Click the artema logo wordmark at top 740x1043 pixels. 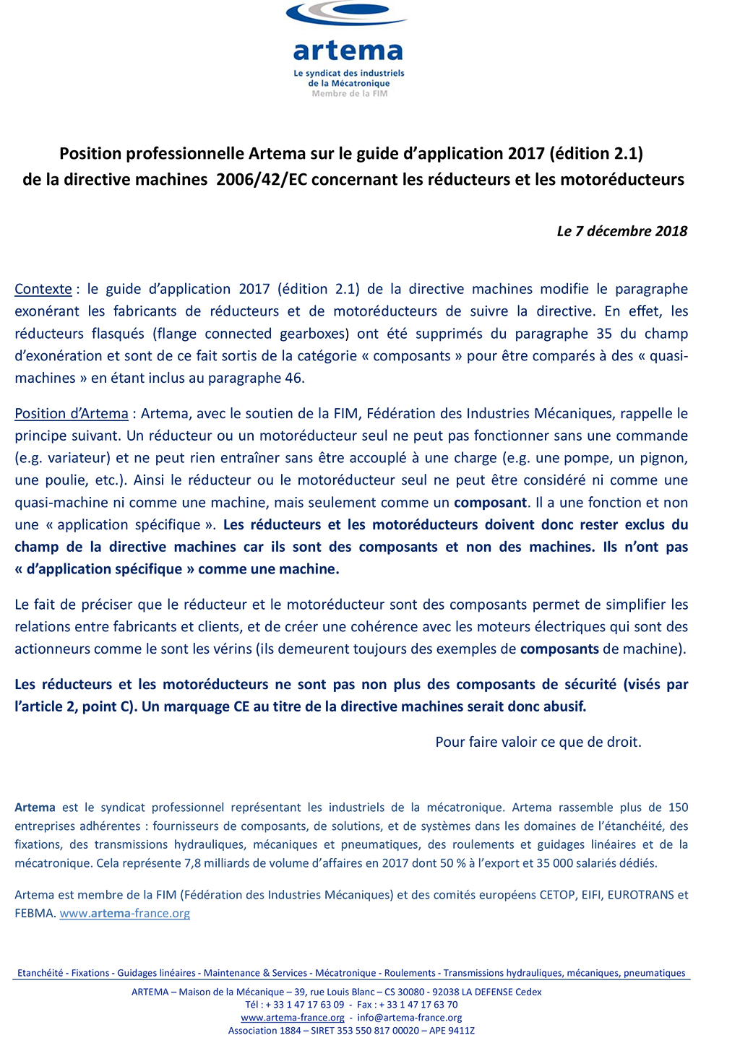(x=348, y=51)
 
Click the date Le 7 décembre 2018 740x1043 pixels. (x=621, y=231)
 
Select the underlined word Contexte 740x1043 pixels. (x=43, y=289)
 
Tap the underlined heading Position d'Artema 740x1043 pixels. (x=72, y=414)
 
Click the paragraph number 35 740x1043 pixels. (x=605, y=334)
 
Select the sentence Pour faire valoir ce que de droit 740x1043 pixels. (x=538, y=742)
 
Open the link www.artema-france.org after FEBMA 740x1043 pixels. (x=124, y=913)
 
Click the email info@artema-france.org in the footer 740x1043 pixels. (x=409, y=1017)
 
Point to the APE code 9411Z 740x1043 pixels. (x=462, y=1030)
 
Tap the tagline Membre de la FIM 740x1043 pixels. (x=350, y=93)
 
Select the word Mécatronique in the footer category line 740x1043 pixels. (x=345, y=973)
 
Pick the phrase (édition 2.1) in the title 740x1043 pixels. (x=596, y=153)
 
